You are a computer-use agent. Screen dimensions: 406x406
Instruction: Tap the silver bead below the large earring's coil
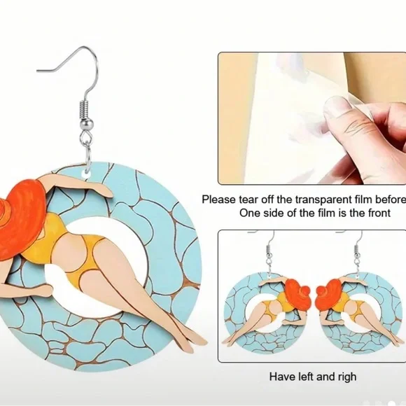[x=85, y=125]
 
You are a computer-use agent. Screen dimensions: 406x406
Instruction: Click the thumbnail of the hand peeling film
[x=311, y=118]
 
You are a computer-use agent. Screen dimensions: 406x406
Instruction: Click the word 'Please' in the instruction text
[x=219, y=199]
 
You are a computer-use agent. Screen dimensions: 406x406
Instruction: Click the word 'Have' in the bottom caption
[x=281, y=377]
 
